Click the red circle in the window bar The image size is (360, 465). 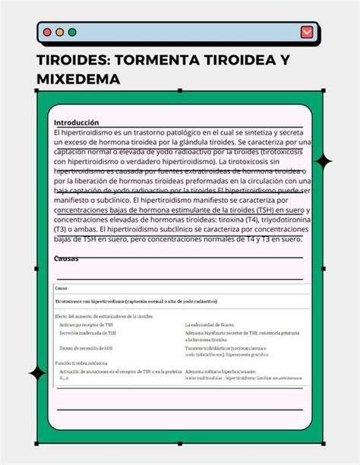[x=48, y=33]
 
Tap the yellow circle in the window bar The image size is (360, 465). [x=60, y=33]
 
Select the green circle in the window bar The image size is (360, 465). [x=72, y=33]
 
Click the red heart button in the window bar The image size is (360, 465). [x=306, y=32]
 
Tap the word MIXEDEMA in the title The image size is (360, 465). [x=79, y=79]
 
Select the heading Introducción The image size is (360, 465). [x=77, y=122]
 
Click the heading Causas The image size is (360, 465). [x=66, y=258]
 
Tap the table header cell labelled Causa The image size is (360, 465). [x=62, y=289]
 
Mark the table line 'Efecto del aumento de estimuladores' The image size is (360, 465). [x=103, y=315]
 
